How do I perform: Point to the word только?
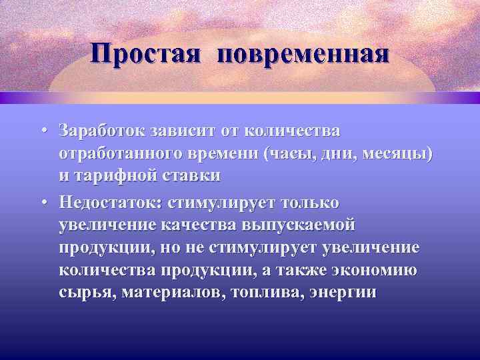tap(311, 201)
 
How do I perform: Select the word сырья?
tap(84, 293)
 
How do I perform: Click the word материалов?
tap(169, 293)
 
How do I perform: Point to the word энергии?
tap(343, 293)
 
